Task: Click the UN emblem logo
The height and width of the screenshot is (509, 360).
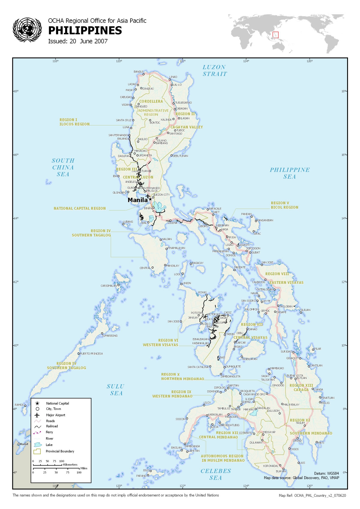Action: click(x=27, y=29)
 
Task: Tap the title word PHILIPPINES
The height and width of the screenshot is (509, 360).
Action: click(x=85, y=31)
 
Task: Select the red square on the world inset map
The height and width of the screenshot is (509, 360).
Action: click(x=275, y=35)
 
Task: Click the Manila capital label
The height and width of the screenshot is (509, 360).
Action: click(x=137, y=200)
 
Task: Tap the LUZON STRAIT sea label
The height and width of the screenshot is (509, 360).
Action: click(x=214, y=71)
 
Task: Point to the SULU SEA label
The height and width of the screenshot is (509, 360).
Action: click(x=115, y=390)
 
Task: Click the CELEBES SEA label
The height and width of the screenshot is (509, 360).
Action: click(x=216, y=474)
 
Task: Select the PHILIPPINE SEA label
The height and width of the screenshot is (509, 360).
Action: click(x=289, y=173)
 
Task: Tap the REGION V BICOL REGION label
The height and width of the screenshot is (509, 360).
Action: click(x=284, y=205)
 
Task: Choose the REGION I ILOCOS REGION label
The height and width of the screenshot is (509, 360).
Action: click(x=74, y=122)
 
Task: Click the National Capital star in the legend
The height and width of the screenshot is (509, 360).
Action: click(x=37, y=403)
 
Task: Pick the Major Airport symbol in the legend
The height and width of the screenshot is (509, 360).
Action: click(x=37, y=415)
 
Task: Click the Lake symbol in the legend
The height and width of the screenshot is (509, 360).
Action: click(x=37, y=445)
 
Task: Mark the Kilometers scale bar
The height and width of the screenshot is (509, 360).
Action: click(x=48, y=465)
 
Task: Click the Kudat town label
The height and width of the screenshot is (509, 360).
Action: click(x=24, y=444)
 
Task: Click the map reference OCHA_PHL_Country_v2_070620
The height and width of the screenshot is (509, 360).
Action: click(x=320, y=495)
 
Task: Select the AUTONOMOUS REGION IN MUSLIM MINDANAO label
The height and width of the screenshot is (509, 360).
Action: click(x=223, y=458)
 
